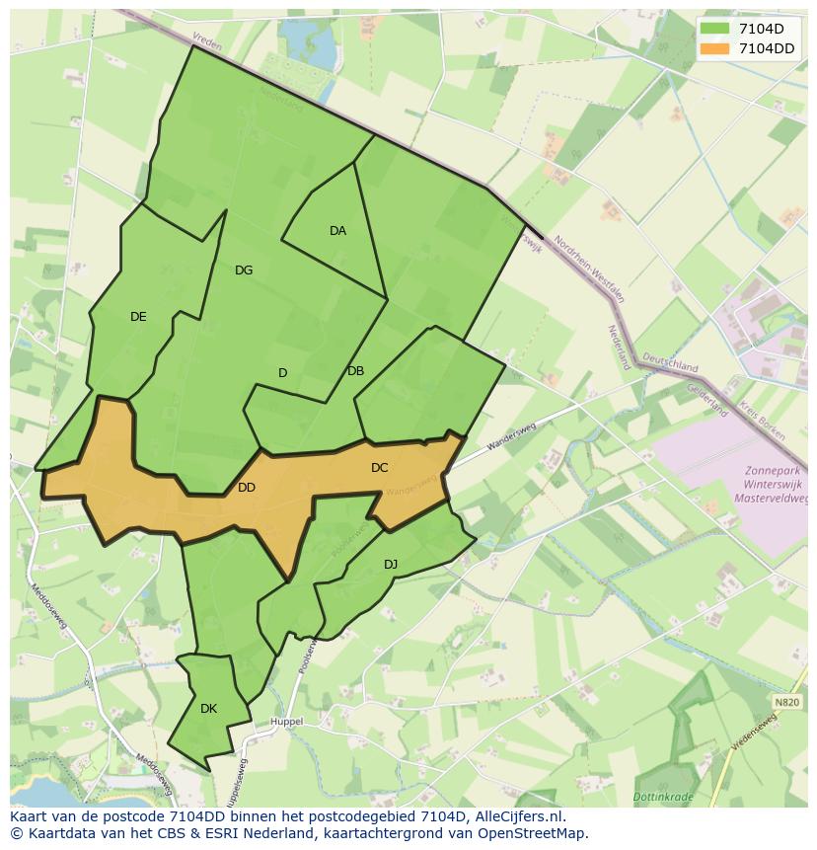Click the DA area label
tap(337, 231)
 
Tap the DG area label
tap(244, 270)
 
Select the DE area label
tap(138, 317)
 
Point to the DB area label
tap(356, 371)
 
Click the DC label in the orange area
tap(380, 468)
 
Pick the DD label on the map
tap(247, 488)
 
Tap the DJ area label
tap(391, 565)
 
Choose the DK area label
tap(208, 709)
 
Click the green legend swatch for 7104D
tap(714, 29)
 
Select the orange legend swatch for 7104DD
tap(714, 48)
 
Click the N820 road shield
tap(787, 702)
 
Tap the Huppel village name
tap(286, 722)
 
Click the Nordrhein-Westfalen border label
tap(590, 270)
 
